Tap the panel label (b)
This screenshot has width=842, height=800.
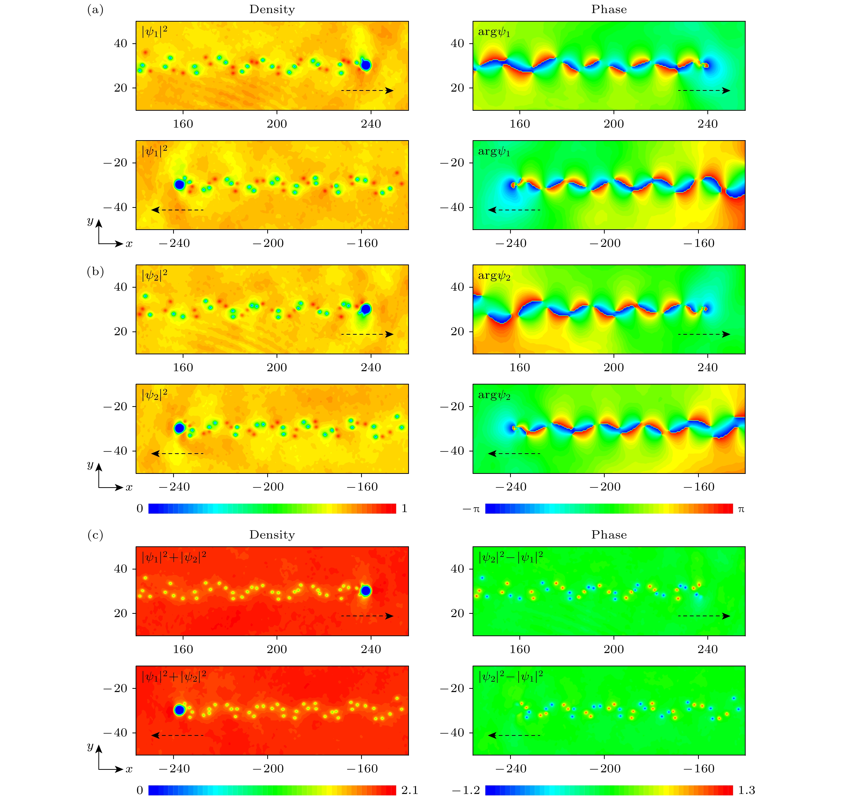point(95,272)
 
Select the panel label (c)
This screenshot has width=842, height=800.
point(95,535)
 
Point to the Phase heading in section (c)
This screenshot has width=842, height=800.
point(609,535)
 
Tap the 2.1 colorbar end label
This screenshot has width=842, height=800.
point(409,790)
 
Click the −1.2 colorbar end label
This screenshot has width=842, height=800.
point(466,790)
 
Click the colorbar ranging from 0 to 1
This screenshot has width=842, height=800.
point(272,508)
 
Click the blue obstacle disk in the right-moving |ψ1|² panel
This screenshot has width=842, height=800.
point(366,65)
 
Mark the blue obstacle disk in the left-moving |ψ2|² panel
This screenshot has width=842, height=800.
point(179,428)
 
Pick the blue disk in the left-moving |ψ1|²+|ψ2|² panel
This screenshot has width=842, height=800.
point(179,710)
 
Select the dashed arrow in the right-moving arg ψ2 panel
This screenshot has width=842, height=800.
point(704,334)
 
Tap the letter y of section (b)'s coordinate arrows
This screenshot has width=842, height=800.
point(90,464)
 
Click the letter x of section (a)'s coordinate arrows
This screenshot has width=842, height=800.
point(129,244)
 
